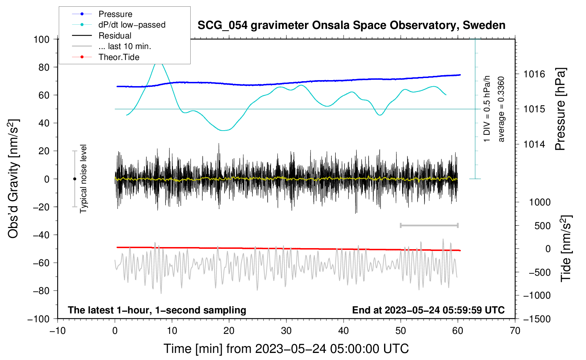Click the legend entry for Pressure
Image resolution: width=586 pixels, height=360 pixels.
coord(115,14)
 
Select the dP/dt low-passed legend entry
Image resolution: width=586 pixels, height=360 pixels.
coord(132,25)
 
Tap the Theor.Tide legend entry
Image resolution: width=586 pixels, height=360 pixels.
coord(119,57)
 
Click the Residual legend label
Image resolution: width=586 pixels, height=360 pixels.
coord(115,36)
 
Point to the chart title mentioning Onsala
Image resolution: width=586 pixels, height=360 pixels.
coord(351,25)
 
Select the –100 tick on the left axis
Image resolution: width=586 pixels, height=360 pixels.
coord(39,319)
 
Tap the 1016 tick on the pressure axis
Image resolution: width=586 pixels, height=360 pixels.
coord(534,74)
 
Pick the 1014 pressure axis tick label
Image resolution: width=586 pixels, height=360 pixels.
coord(534,144)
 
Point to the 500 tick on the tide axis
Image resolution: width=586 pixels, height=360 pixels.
coord(542,226)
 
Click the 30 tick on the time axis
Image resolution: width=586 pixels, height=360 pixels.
coord(286,331)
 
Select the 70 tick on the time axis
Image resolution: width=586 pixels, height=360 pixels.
coord(515,331)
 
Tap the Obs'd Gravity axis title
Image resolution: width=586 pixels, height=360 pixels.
coord(13,179)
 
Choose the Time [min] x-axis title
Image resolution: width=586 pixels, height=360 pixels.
coord(286,349)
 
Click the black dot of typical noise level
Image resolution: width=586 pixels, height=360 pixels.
coord(74,179)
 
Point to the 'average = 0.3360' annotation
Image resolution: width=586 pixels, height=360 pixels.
coord(501,109)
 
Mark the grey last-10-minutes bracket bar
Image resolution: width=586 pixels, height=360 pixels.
coord(429,225)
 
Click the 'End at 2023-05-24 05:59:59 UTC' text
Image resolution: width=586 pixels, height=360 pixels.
coord(428,310)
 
